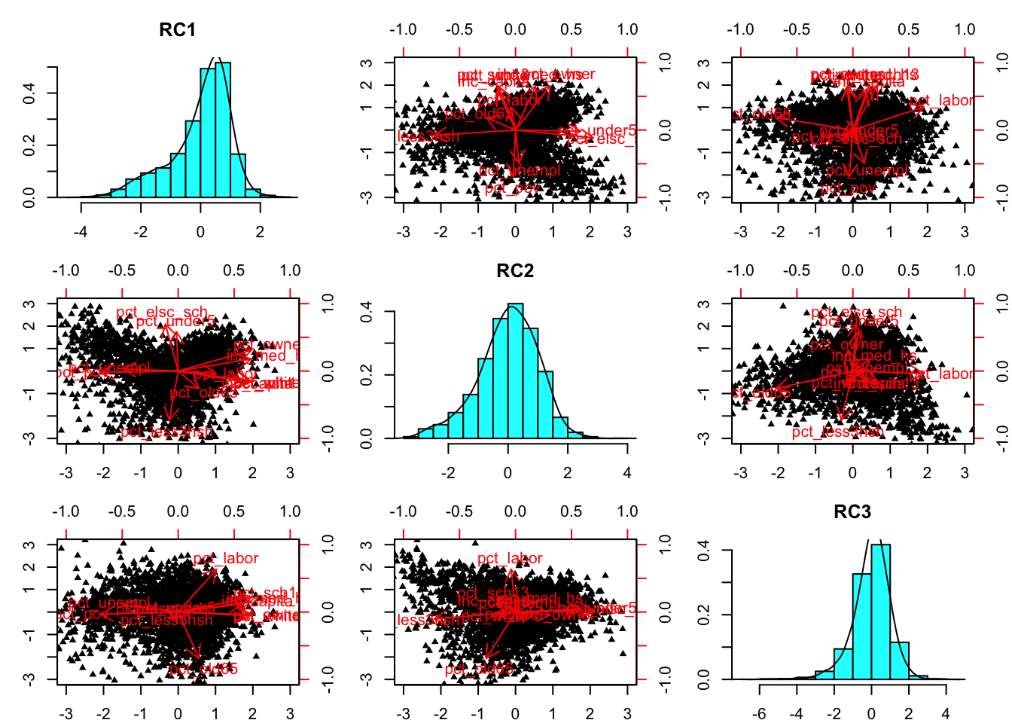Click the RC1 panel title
point(178,30)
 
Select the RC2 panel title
point(515,271)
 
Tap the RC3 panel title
point(852,512)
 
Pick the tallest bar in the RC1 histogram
point(223,130)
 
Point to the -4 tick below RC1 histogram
point(81,231)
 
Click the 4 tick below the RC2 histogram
point(627,472)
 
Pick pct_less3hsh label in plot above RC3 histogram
point(837,432)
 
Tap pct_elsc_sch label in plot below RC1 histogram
point(162,312)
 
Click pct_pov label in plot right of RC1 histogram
point(512,188)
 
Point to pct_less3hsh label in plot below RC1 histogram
point(166,432)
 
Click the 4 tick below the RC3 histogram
point(946,713)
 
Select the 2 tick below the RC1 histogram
point(260,231)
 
